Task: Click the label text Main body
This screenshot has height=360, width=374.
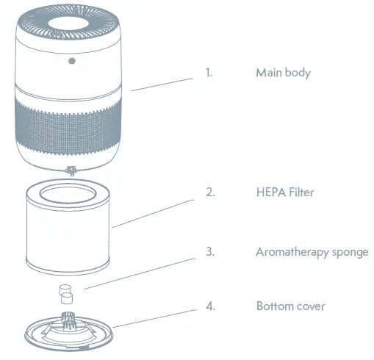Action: [x=283, y=73]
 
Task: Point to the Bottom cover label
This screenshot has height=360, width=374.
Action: [x=290, y=306]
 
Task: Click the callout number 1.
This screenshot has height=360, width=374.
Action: [x=209, y=73]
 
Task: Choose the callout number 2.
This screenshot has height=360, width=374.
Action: [x=209, y=192]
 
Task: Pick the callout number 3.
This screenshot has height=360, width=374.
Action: [x=209, y=252]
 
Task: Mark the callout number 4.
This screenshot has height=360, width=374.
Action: [x=210, y=306]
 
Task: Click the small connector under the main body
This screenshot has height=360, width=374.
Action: [x=71, y=171]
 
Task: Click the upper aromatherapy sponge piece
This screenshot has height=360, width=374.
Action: [x=63, y=288]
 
